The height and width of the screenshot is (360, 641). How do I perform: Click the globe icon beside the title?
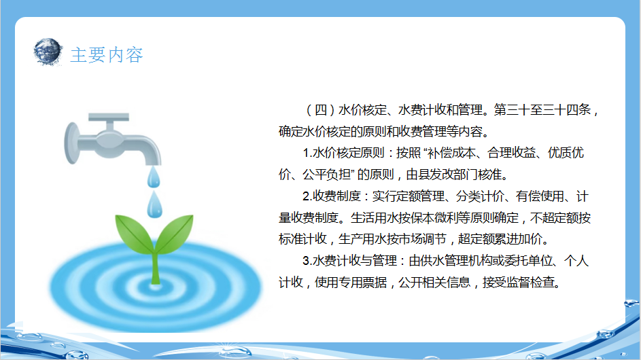[x=48, y=52]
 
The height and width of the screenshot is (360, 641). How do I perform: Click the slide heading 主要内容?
[x=107, y=55]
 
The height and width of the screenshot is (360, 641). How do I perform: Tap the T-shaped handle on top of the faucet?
[x=109, y=121]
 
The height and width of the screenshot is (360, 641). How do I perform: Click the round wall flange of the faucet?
[x=71, y=143]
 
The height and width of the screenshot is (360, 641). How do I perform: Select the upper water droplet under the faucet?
[x=154, y=177]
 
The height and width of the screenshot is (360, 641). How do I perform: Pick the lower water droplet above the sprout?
[x=154, y=205]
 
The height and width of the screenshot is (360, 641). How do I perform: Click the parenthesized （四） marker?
[x=321, y=110]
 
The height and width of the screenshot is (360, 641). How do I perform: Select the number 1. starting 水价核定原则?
[x=307, y=153]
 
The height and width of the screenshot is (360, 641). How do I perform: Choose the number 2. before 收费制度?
[x=307, y=196]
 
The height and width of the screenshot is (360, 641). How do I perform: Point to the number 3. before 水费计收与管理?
[x=307, y=261]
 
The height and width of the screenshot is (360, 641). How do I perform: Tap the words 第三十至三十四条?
[x=542, y=110]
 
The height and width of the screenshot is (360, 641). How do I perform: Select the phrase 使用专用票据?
[x=351, y=283]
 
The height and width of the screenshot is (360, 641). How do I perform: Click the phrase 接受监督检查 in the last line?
[x=519, y=283]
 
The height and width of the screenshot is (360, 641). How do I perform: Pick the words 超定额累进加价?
[x=500, y=239]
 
